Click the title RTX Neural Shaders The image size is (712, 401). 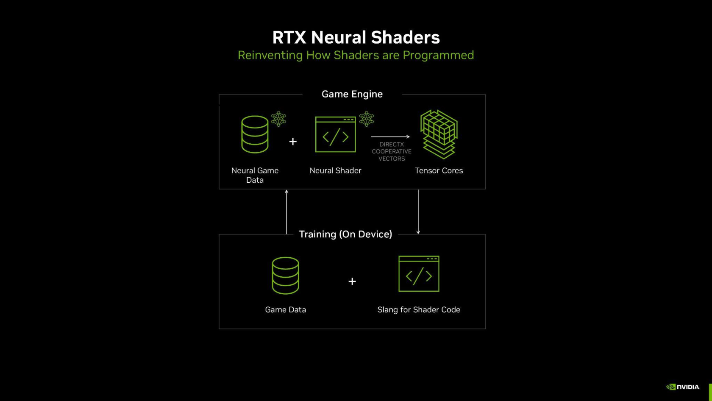coord(356,38)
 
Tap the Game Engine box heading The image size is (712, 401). coord(352,94)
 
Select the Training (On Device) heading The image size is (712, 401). coord(345,234)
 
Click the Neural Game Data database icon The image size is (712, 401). coord(255,134)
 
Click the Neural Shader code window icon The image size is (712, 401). coord(335,134)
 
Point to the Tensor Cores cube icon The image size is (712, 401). coord(439,134)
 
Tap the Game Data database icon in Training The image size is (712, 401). coord(286,276)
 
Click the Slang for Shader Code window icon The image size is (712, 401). coord(419,274)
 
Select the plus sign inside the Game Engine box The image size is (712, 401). coord(293,142)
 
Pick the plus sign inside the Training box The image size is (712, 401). coord(352,281)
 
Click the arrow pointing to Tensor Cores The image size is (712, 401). coord(390,137)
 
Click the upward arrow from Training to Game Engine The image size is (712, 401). coord(286,212)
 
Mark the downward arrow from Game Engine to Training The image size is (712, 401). coord(418,212)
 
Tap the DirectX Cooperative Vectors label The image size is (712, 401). coord(392,152)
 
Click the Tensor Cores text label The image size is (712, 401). coord(439,171)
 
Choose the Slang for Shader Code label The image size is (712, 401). coord(419,310)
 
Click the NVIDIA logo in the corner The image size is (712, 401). coord(683,387)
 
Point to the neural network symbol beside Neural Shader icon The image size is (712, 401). coord(367,119)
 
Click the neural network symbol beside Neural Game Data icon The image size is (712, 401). coord(278,119)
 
